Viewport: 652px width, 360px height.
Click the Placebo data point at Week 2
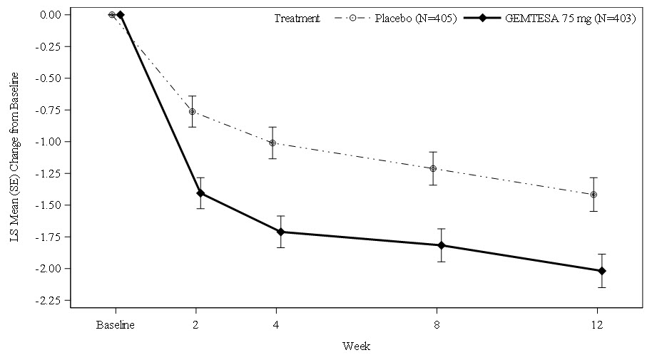(x=193, y=111)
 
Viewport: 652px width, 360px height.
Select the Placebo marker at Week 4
(x=272, y=143)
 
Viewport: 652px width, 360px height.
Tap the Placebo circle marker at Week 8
(x=433, y=168)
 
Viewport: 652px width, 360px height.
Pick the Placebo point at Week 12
(x=594, y=194)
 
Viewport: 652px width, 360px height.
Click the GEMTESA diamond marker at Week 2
(x=200, y=193)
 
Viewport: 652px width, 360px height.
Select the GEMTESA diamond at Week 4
(x=280, y=232)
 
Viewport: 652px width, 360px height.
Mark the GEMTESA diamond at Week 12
(x=602, y=271)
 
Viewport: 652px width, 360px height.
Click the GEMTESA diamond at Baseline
(x=121, y=14)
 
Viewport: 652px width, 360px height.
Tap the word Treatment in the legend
(x=297, y=19)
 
